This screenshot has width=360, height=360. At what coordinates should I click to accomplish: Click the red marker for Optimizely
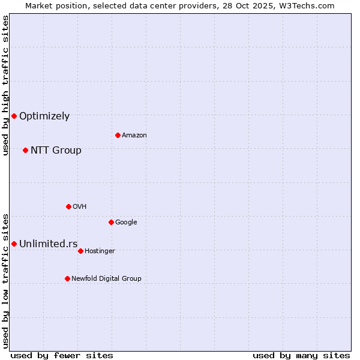click(x=14, y=116)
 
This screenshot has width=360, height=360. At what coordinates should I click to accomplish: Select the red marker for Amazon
click(x=118, y=135)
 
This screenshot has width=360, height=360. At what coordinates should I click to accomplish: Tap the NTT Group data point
click(x=25, y=150)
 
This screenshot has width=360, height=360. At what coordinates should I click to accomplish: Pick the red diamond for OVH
click(x=68, y=206)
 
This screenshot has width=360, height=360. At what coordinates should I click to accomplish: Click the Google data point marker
click(x=111, y=222)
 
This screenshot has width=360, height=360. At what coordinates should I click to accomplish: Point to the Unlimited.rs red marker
click(x=14, y=244)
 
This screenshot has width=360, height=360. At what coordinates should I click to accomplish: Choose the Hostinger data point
click(x=80, y=251)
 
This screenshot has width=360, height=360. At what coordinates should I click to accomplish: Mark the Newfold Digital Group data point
click(x=67, y=278)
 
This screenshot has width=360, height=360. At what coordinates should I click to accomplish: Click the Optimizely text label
click(x=44, y=116)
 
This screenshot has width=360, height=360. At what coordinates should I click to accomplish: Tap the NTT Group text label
click(x=56, y=151)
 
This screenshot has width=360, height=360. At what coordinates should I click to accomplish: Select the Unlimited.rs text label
click(x=48, y=244)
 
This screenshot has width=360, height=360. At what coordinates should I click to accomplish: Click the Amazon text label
click(x=134, y=136)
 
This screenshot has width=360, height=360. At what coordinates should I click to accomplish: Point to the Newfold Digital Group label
click(x=106, y=278)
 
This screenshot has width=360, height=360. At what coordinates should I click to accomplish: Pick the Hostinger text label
click(x=100, y=251)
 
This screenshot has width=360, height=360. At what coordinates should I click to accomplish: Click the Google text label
click(x=126, y=223)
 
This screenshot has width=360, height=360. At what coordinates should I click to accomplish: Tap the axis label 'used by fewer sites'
click(x=62, y=355)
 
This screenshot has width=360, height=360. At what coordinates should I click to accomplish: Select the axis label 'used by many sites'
click(x=301, y=355)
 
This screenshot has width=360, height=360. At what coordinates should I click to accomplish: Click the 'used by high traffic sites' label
click(x=5, y=85)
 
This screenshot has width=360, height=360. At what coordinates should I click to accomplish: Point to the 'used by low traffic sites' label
click(x=5, y=281)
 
